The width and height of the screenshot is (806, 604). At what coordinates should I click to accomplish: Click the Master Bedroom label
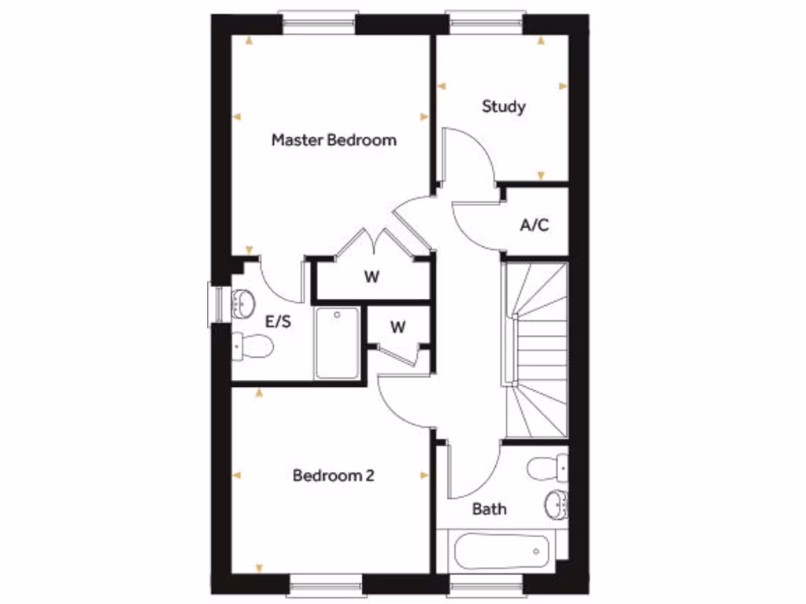click(x=334, y=141)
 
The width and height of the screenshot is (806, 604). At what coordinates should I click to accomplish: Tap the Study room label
click(x=504, y=106)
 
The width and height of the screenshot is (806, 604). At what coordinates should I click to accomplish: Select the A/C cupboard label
click(x=534, y=226)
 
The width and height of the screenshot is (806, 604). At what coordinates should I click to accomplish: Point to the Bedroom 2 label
click(x=334, y=476)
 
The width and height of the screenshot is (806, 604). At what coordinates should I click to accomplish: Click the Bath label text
click(x=490, y=509)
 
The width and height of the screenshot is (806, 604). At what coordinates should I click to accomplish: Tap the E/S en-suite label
click(x=279, y=322)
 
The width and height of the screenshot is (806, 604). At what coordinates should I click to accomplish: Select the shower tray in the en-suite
click(x=337, y=343)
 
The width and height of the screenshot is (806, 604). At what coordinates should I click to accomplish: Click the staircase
click(x=536, y=350)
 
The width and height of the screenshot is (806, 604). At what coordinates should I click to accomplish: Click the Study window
click(x=484, y=24)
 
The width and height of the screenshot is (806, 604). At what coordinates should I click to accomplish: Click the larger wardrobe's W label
click(x=372, y=277)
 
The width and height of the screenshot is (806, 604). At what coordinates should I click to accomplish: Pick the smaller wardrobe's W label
click(x=398, y=327)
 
